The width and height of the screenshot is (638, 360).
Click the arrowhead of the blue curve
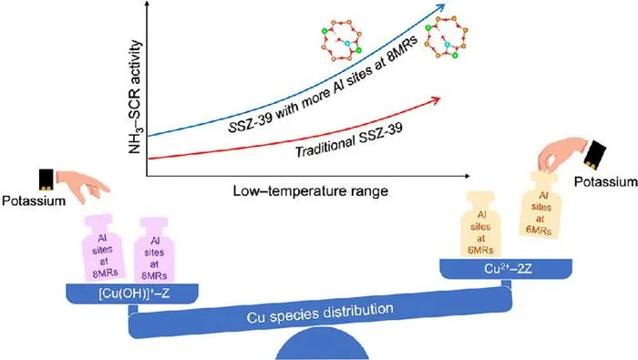click(x=440, y=7)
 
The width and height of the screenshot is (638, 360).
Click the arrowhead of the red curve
click(x=436, y=99)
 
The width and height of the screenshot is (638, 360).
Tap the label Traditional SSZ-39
click(x=349, y=140)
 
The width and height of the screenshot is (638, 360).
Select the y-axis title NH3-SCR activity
click(x=135, y=98)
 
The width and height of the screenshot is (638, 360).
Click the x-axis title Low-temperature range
click(x=311, y=190)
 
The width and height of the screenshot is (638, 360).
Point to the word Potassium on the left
click(x=34, y=201)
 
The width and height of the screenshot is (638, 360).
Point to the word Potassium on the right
click(x=605, y=181)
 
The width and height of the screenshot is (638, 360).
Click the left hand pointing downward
click(x=84, y=186)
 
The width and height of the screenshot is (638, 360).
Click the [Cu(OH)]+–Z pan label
click(x=134, y=293)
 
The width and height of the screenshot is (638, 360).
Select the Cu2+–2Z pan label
click(x=508, y=269)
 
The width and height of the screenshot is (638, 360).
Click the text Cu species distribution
click(x=320, y=314)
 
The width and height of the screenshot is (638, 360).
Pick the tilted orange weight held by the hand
click(x=540, y=205)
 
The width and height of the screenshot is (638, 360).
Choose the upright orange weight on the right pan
click(x=480, y=225)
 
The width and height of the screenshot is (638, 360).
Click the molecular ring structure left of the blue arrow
click(x=342, y=41)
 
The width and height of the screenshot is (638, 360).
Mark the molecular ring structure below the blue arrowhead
click(x=446, y=37)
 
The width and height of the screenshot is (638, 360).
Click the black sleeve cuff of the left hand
click(x=46, y=180)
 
